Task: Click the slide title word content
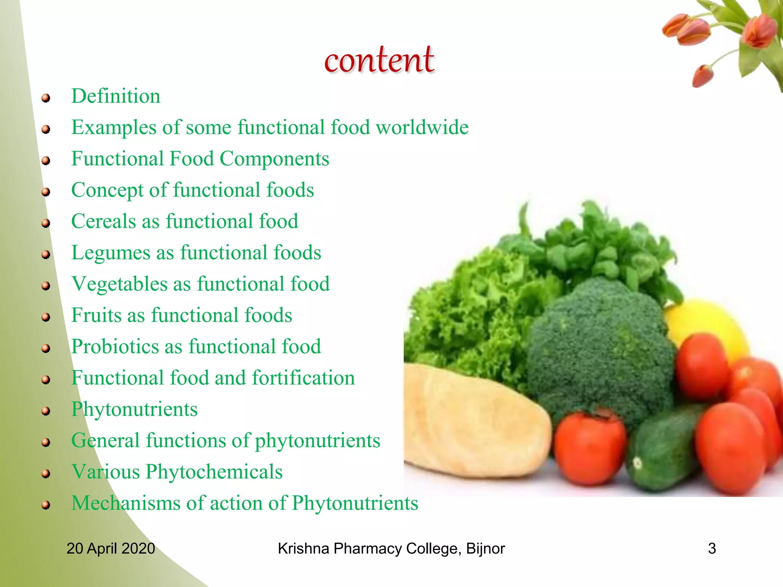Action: [x=379, y=60]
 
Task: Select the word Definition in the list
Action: [x=115, y=96]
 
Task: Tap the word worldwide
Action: [x=422, y=127]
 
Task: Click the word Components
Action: [x=274, y=159]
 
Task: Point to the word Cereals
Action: [x=103, y=221]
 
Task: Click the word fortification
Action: [x=303, y=378]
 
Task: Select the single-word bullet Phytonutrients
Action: [x=134, y=409]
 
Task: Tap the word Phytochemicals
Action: [x=214, y=472]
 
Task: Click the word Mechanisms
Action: [x=125, y=503]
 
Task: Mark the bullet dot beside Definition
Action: [x=46, y=98]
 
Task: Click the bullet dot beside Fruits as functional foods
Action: [x=46, y=317]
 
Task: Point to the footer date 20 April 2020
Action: [x=111, y=548]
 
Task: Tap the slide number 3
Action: [x=712, y=548]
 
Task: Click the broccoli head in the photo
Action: [x=600, y=344]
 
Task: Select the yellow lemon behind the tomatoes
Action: [x=707, y=325]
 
